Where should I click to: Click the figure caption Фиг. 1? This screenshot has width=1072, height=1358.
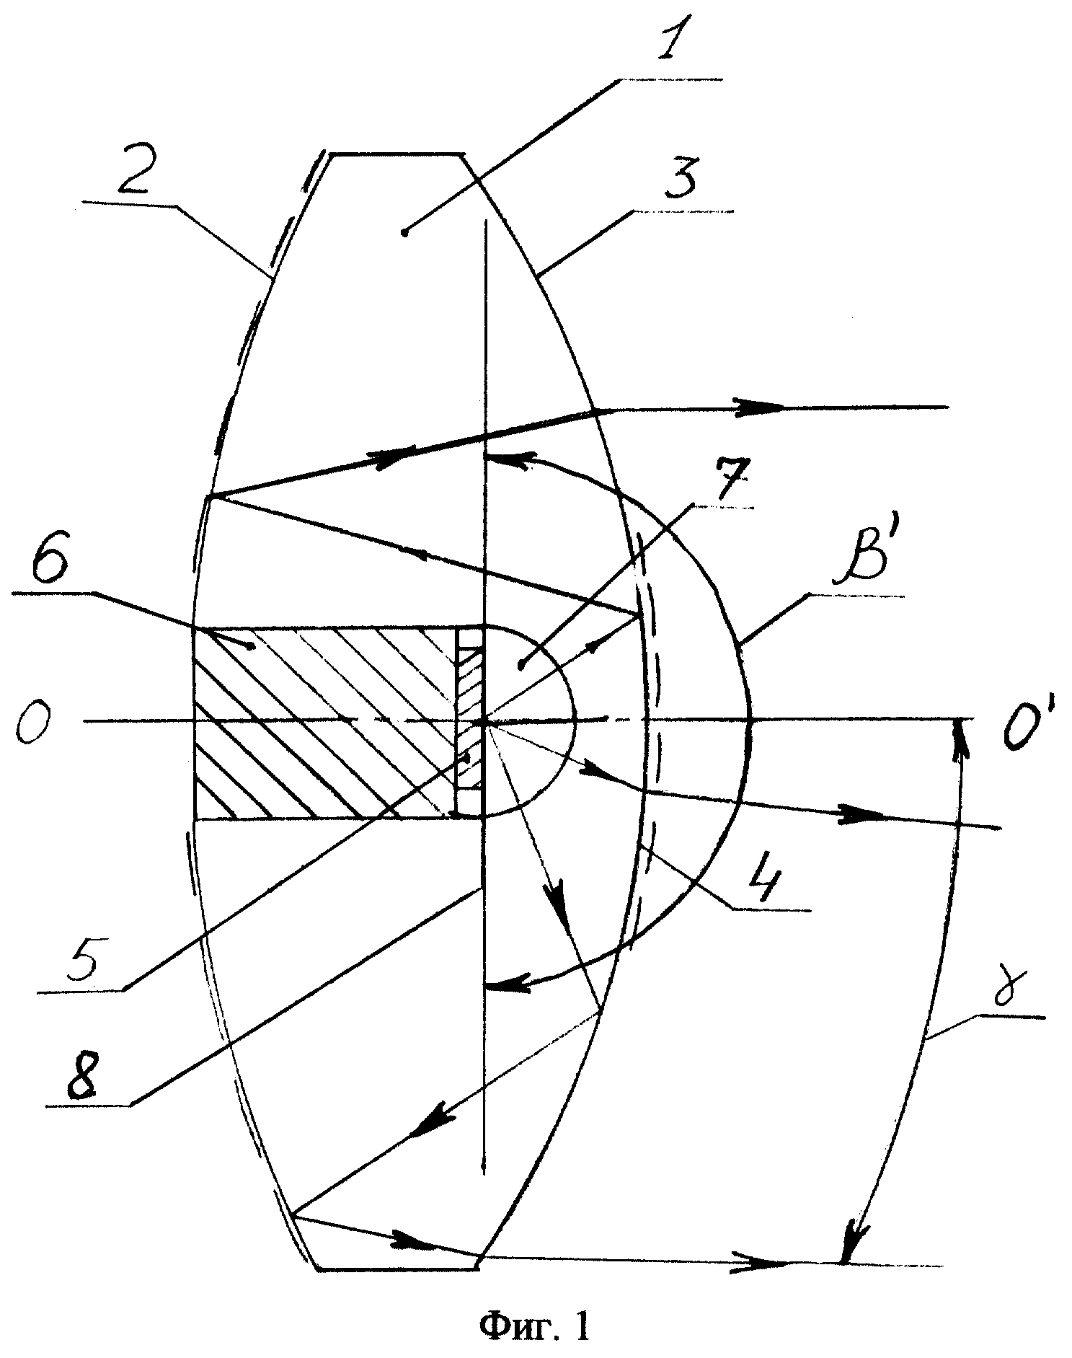pyautogui.click(x=534, y=1326)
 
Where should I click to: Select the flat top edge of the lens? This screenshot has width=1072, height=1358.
pyautogui.click(x=396, y=154)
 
